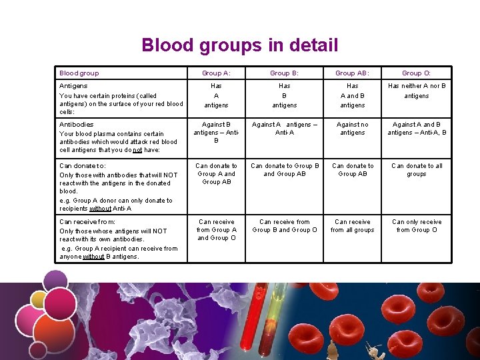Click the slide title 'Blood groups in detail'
click(x=239, y=45)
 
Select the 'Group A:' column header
click(x=216, y=73)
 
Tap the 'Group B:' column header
click(x=285, y=73)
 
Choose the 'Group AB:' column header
click(x=353, y=73)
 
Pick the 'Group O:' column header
click(x=417, y=73)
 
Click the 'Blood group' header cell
click(x=79, y=73)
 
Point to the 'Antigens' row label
click(x=73, y=86)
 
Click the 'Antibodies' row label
click(x=77, y=124)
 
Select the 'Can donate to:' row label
click(x=83, y=166)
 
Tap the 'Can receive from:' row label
click(x=87, y=222)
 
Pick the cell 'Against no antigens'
click(x=353, y=129)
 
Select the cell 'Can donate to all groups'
click(x=417, y=170)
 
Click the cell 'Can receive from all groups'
click(x=353, y=226)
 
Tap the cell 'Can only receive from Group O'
click(x=417, y=226)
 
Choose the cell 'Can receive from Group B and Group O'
click(x=285, y=226)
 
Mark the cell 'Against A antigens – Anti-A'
click(x=285, y=129)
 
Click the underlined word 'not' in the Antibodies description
click(x=137, y=150)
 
